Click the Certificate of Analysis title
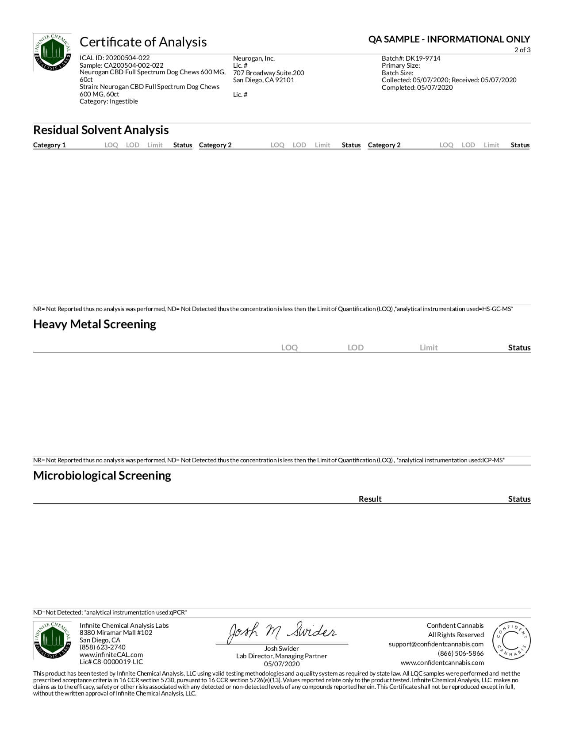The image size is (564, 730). [143, 42]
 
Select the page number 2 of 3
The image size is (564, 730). [522, 50]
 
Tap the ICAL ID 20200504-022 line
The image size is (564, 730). [115, 58]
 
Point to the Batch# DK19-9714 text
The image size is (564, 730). [411, 58]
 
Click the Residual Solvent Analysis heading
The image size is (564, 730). [101, 130]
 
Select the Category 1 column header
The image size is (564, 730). [49, 145]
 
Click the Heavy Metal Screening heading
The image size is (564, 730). [95, 324]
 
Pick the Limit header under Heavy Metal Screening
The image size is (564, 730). [428, 348]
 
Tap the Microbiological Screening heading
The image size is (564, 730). [102, 476]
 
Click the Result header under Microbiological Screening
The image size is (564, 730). [370, 499]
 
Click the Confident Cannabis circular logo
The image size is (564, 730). [511, 641]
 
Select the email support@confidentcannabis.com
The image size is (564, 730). [436, 644]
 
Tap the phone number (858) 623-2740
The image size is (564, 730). [103, 647]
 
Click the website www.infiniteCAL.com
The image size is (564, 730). [111, 655]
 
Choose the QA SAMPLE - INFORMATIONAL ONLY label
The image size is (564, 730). [449, 39]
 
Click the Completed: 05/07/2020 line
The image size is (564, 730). [417, 88]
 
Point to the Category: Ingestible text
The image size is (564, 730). [109, 101]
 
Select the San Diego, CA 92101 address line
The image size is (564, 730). [264, 80]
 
